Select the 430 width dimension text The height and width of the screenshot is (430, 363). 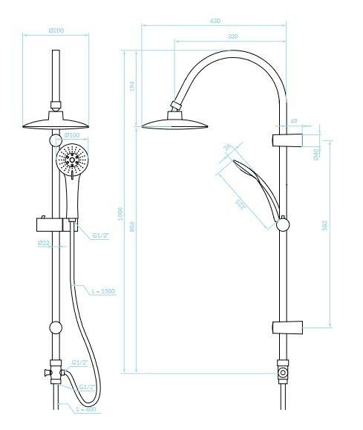pyautogui.click(x=215, y=21)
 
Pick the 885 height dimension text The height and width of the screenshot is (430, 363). pyautogui.click(x=132, y=229)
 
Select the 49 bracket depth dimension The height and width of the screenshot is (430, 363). pyautogui.click(x=294, y=120)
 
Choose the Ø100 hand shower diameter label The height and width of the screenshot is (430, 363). pyautogui.click(x=72, y=136)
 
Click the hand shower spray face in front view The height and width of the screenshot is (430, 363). pyautogui.click(x=73, y=161)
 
